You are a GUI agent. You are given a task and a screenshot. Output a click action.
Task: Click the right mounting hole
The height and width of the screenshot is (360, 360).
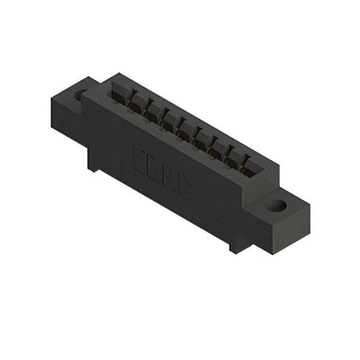276,205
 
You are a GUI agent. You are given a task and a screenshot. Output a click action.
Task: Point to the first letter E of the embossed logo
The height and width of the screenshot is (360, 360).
139,157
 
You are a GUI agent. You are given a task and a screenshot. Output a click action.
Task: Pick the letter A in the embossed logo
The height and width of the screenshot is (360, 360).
170,179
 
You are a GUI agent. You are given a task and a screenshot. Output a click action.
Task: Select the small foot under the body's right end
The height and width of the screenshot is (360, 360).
234,246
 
